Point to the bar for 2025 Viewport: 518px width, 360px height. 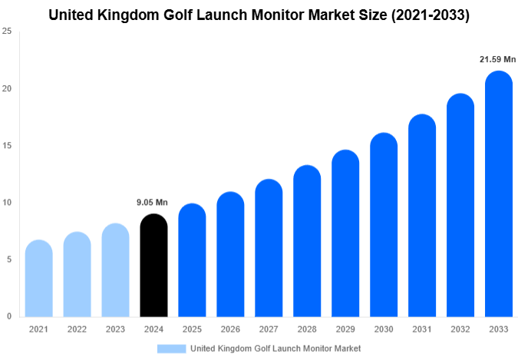(x=192, y=260)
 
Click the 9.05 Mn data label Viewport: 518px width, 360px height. (x=152, y=203)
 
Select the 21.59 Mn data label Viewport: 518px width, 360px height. (x=497, y=59)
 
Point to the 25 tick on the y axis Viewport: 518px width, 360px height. (x=7, y=31)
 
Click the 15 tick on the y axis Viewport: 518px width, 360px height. (x=7, y=146)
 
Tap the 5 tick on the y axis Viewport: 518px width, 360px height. (x=8, y=259)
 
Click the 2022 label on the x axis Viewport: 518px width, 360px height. (x=77, y=329)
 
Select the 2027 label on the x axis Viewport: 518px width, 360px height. (x=269, y=329)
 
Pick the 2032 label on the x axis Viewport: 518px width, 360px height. (x=460, y=329)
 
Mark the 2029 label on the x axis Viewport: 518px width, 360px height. (x=345, y=329)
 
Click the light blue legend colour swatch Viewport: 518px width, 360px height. (x=171, y=348)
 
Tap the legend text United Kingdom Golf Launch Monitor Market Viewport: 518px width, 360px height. (x=275, y=348)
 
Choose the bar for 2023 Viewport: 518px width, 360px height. (x=115, y=270)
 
